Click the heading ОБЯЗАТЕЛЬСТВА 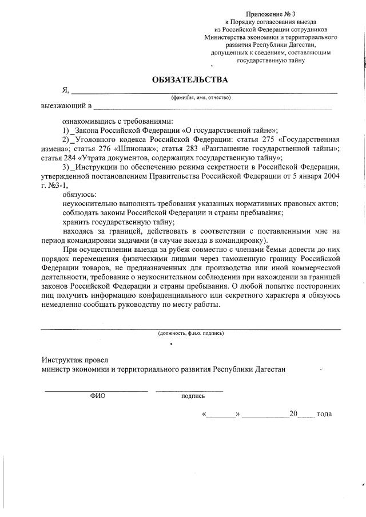(x=190, y=79)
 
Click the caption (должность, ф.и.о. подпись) (x=190, y=333)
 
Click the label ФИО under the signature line (x=98, y=396)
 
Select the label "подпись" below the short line (x=193, y=396)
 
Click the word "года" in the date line (x=324, y=414)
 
